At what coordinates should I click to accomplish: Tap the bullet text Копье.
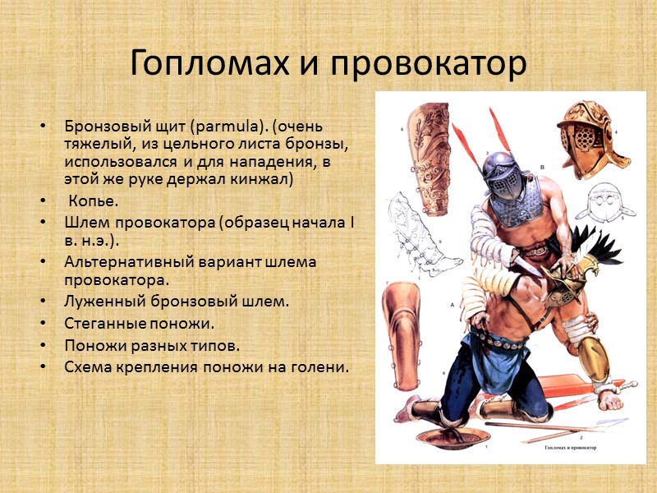94,200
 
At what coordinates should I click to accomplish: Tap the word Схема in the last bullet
86,366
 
